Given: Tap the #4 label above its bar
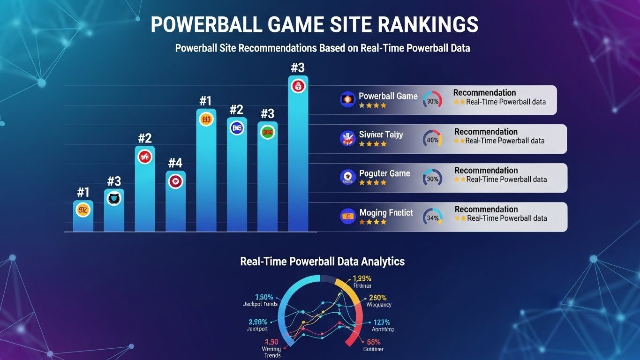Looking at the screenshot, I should point(175,163).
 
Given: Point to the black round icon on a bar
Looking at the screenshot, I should point(114,198).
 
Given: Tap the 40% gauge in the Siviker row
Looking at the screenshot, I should point(432,139).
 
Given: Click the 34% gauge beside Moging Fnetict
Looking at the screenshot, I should point(432,217).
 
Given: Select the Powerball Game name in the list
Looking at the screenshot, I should point(388,96).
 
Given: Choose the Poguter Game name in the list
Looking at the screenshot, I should point(384,173).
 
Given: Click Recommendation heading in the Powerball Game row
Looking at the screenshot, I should point(484,93).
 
